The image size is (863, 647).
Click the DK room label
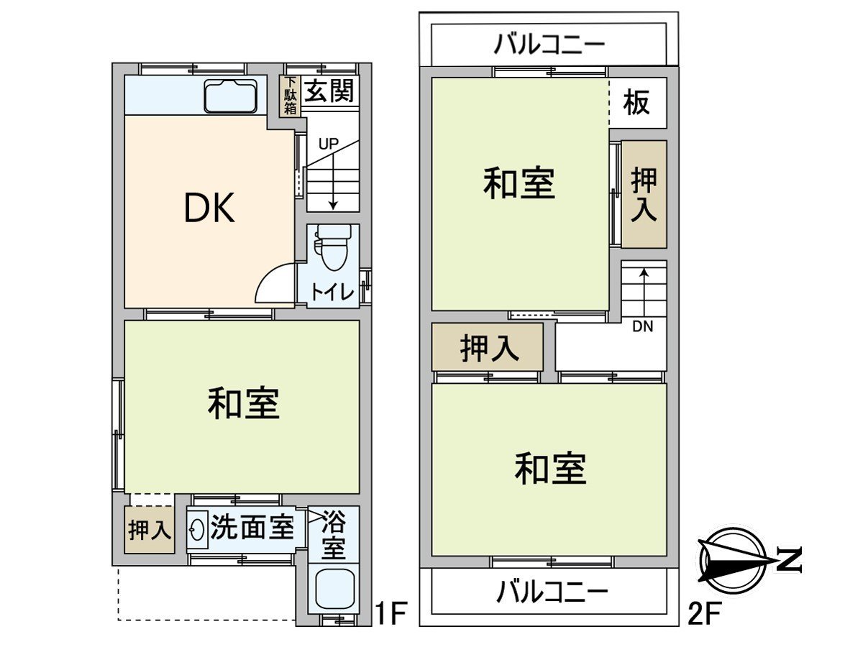[x=209, y=208]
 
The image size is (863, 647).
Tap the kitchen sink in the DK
[x=230, y=96]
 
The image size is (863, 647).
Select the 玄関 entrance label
[x=328, y=92]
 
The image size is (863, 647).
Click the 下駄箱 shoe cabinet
[x=289, y=96]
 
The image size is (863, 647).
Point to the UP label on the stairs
[x=328, y=143]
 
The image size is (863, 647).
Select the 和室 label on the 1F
[x=243, y=404]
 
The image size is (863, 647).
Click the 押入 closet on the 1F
[x=150, y=531]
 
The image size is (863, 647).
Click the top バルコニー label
[x=549, y=45]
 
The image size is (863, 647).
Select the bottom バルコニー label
[x=552, y=592]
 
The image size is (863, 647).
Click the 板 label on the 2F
[x=636, y=103]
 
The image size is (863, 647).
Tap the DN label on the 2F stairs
[x=642, y=327]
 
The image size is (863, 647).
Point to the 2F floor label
[x=705, y=614]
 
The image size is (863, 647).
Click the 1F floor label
[x=392, y=614]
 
